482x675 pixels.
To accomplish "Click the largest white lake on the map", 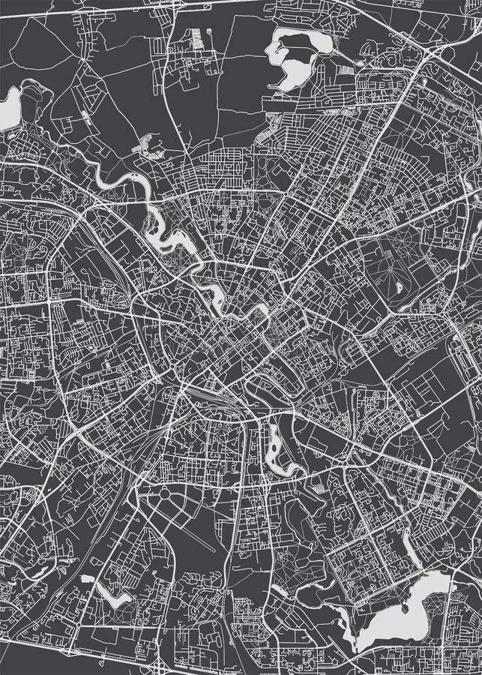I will (x=397, y=615).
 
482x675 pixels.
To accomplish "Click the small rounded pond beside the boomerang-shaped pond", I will (x=88, y=580).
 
